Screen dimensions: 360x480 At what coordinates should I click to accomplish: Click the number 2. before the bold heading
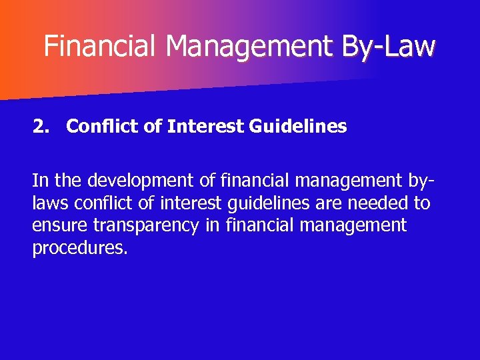(41, 126)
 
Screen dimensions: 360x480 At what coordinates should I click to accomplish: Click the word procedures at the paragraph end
(79, 249)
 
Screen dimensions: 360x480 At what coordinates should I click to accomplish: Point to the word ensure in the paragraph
(60, 226)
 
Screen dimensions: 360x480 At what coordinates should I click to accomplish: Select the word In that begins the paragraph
(39, 181)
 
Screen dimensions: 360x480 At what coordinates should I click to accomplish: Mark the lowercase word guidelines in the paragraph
(276, 203)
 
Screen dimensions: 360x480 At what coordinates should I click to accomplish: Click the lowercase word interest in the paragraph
(197, 203)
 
